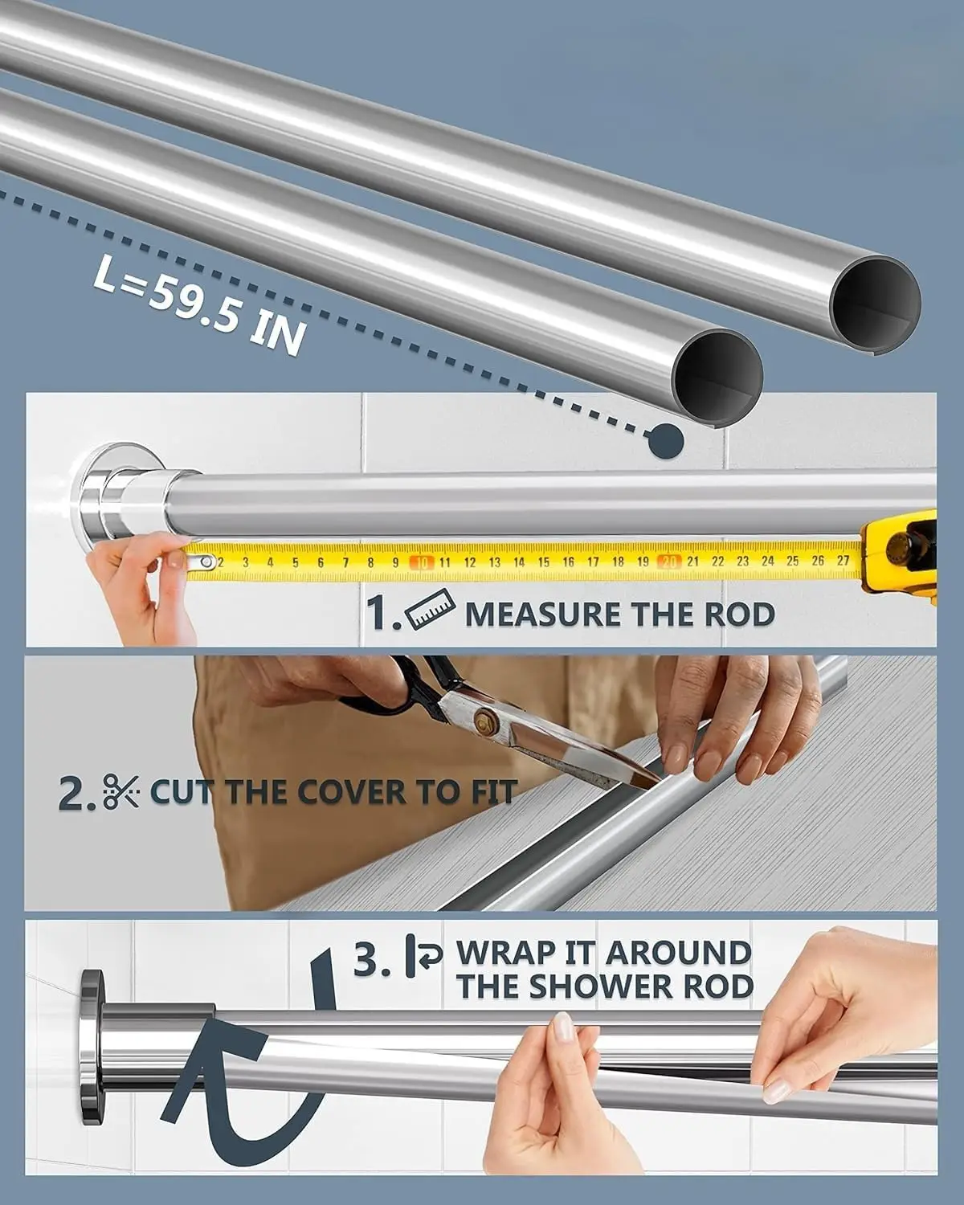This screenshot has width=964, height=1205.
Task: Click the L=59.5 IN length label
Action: point(200,306)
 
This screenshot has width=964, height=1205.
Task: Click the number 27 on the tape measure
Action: point(843,560)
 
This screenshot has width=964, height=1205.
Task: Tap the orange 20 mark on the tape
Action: point(668,561)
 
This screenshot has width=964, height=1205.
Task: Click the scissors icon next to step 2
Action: point(121,790)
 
